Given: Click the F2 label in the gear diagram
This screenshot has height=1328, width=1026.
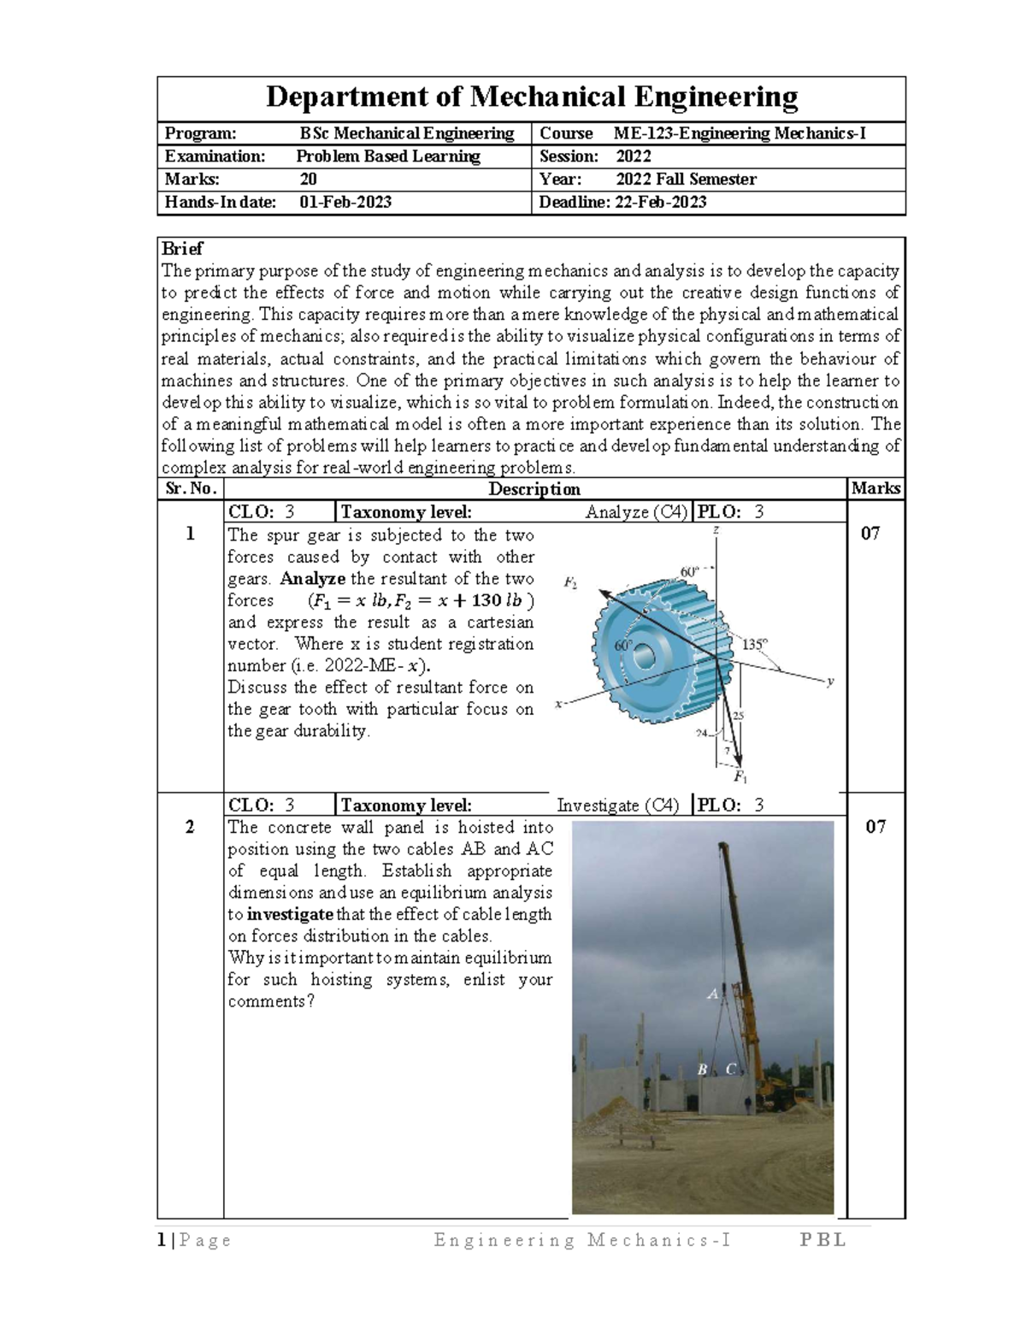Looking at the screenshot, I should (570, 583).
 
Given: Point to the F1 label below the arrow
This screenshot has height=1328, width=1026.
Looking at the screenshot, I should (740, 777).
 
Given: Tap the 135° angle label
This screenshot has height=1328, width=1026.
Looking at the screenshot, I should (755, 645).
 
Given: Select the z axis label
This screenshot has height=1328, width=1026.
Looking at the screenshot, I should (716, 531).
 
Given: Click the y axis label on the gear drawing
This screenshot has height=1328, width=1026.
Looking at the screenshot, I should (828, 682).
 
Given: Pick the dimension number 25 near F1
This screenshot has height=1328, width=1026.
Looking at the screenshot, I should (739, 716).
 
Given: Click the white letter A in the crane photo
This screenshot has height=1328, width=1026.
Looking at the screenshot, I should (712, 994).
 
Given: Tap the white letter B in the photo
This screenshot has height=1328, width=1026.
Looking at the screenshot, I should (702, 1069).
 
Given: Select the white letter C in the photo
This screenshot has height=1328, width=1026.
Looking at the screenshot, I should (730, 1069).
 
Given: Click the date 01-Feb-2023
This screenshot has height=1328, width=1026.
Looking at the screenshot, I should (345, 203).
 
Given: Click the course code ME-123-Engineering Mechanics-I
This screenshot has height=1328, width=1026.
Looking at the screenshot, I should (740, 133).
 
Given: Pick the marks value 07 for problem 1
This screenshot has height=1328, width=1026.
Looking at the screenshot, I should (870, 534).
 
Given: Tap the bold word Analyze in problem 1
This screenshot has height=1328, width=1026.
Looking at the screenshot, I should (313, 579).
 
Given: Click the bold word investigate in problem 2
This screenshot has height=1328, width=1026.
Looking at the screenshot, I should (291, 914).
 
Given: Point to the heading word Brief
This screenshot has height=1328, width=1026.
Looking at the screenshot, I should (182, 249).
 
